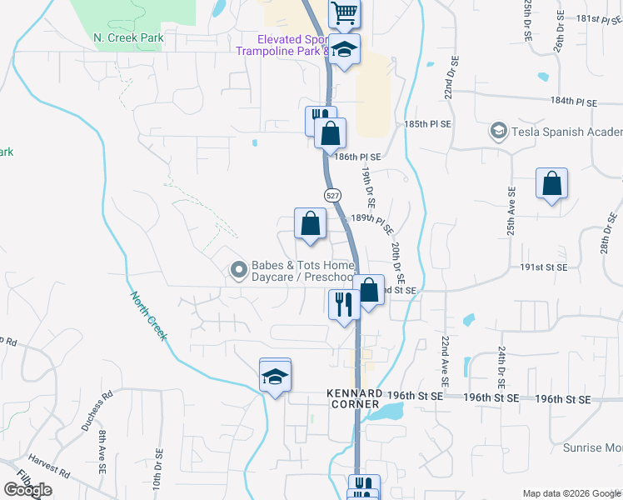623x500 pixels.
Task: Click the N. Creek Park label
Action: pos(128,38)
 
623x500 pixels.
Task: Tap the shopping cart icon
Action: pos(344,13)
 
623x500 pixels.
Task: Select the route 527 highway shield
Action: pos(331,195)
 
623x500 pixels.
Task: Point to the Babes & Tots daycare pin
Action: pos(239,269)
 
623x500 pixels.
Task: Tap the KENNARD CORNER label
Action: pos(355,398)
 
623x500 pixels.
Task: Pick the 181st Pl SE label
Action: pos(587,17)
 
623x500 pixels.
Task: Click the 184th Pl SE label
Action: pos(574,102)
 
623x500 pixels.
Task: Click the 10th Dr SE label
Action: pos(156,470)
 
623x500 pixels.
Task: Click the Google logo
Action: pos(27,490)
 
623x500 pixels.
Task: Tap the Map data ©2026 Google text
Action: pos(571,493)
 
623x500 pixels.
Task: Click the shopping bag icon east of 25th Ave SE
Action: pos(551,184)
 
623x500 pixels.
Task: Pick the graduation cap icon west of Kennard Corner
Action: pos(275,375)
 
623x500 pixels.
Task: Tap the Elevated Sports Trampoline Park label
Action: pos(292,45)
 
